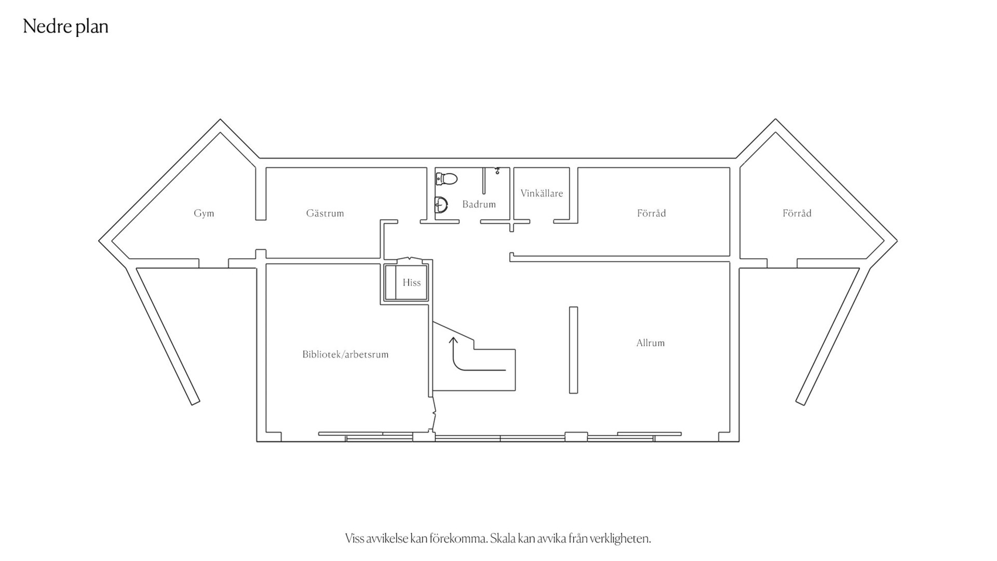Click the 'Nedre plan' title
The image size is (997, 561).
[66, 26]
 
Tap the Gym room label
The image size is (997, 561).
[204, 213]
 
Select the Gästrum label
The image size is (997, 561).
[325, 213]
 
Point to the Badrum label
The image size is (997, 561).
[479, 204]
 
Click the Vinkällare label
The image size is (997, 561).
[542, 193]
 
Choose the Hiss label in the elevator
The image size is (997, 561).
[412, 283]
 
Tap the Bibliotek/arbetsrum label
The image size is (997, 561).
[345, 354]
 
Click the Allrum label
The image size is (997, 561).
[651, 343]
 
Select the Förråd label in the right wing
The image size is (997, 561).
[797, 213]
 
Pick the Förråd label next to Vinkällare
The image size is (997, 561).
[652, 213]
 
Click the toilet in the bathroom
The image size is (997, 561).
[446, 179]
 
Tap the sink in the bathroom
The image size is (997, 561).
[441, 204]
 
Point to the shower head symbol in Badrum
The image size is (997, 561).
[497, 170]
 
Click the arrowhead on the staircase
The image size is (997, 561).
[453, 341]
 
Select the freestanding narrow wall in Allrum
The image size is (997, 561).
[573, 350]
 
